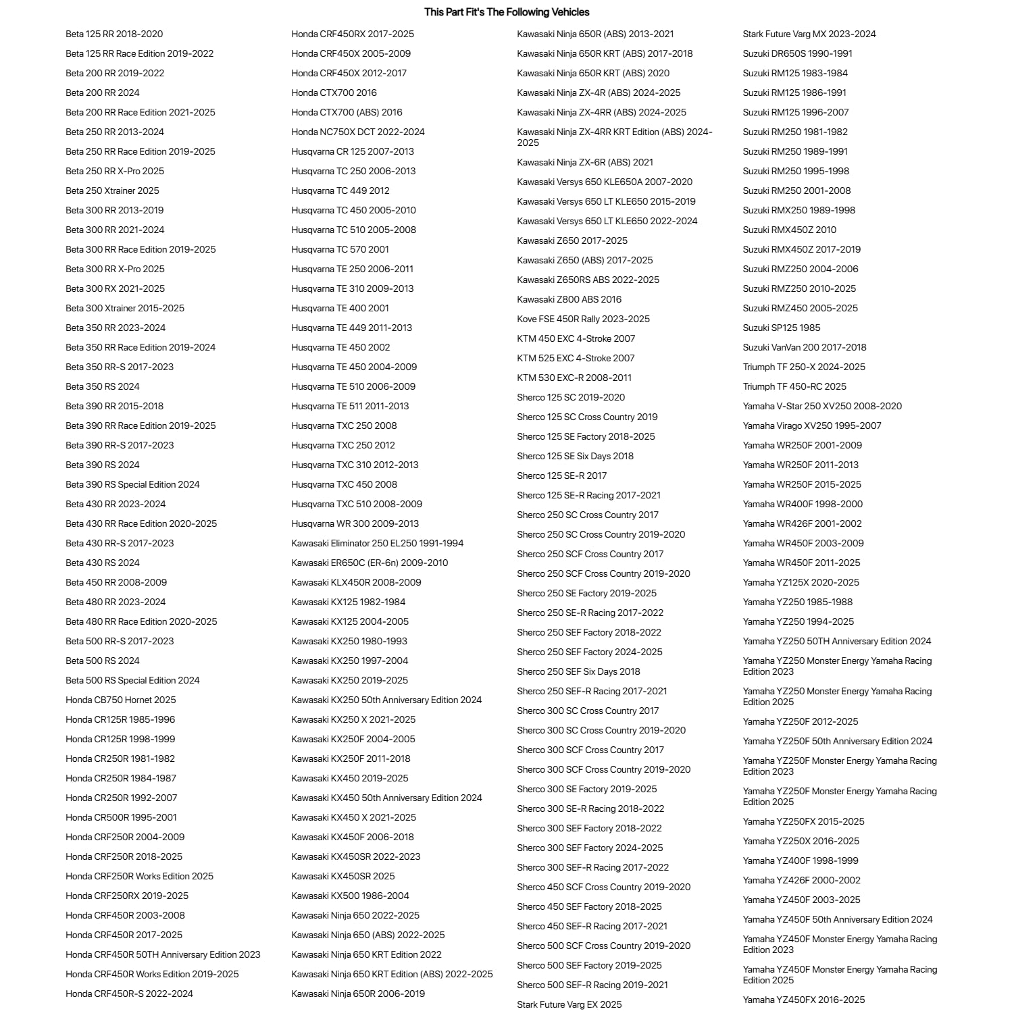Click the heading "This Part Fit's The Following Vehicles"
(507, 12)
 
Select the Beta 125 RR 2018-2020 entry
(114, 34)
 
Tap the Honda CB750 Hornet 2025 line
(120, 700)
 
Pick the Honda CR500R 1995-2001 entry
(121, 817)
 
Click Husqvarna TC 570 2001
(340, 249)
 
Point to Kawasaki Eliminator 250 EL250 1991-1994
(377, 543)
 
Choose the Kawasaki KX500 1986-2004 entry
(350, 896)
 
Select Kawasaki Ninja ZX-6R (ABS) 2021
(585, 162)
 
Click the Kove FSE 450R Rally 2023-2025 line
(583, 319)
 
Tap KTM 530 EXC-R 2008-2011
(574, 378)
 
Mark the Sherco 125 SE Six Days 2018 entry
(575, 456)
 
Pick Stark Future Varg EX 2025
(569, 1004)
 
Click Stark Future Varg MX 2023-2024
(809, 34)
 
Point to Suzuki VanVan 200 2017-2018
(804, 347)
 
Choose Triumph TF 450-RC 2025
(794, 386)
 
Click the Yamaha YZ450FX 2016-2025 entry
(803, 1000)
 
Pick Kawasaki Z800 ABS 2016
(569, 299)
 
